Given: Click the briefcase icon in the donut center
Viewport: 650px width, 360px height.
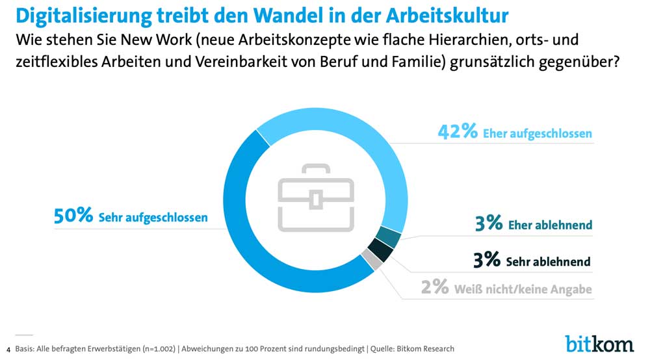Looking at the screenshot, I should [x=316, y=198].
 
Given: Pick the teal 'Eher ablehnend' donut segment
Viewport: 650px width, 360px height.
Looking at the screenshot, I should [x=388, y=237].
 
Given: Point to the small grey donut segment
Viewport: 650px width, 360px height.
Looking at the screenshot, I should [x=370, y=261].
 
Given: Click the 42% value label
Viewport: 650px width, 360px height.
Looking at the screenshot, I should [x=458, y=132].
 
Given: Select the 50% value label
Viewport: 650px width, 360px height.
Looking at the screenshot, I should [x=73, y=216].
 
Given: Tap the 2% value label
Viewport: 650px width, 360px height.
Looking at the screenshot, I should [x=434, y=288].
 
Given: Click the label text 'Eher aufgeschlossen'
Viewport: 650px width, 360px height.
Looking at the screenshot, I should [x=537, y=133].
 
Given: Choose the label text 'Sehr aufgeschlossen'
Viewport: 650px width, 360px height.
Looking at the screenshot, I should [x=153, y=218].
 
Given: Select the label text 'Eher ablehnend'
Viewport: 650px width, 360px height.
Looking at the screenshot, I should [x=550, y=225].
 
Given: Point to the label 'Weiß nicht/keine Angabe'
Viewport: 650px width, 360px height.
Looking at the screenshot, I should [x=523, y=289].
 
